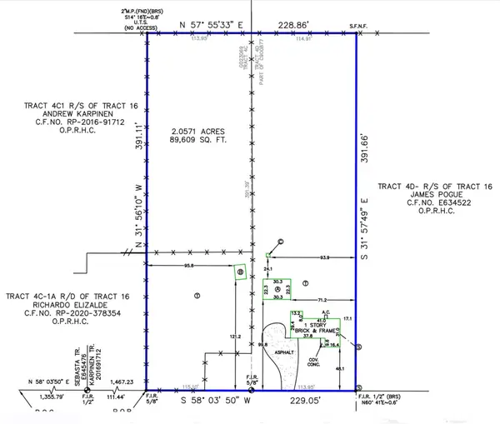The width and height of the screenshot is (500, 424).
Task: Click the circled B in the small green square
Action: pos(239,272)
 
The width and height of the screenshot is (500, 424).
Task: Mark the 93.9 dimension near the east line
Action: pos(325,257)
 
